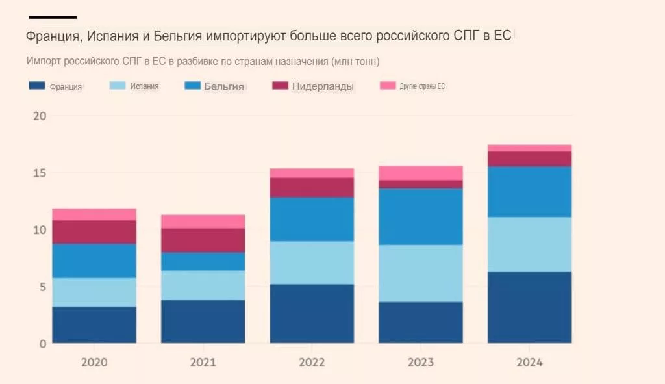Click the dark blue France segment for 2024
pos(529,307)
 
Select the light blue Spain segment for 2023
pos(421,273)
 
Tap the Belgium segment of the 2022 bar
pos(312,219)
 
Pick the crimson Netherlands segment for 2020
pos(94,232)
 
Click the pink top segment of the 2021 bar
pos(203,221)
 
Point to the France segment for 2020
pos(94,325)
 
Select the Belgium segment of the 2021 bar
pos(203,261)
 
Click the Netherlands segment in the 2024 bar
pos(529,159)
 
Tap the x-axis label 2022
pos(312,362)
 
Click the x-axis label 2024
pos(529,362)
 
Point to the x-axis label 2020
pos(94,362)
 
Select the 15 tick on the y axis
pos(38,173)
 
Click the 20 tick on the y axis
pos(38,116)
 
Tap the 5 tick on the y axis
pos(41,287)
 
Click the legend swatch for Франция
pos(37,86)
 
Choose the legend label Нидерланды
pos(323,86)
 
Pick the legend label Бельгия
pos(224,86)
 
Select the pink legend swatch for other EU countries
pos(388,86)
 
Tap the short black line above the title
pos(53,17)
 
